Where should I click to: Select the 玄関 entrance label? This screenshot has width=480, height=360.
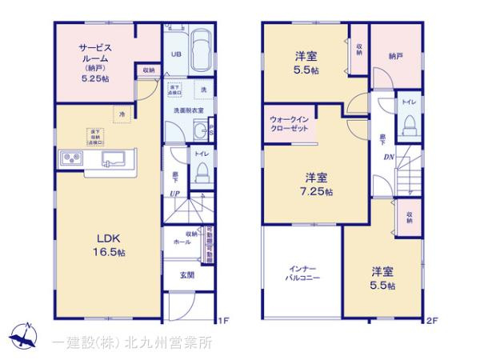[186, 278]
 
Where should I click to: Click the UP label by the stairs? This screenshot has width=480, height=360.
[174, 193]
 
